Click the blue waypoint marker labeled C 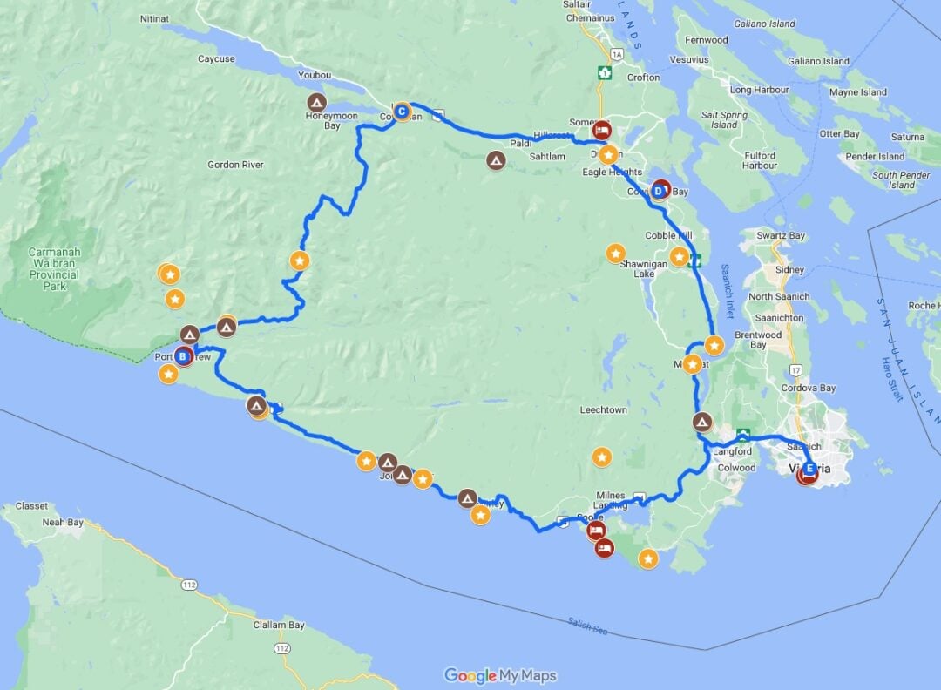pyautogui.click(x=402, y=111)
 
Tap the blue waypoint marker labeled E pyautogui.click(x=810, y=467)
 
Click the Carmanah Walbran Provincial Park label pyautogui.click(x=54, y=268)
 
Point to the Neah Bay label pyautogui.click(x=64, y=523)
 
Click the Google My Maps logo pyautogui.click(x=500, y=675)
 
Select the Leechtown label pyautogui.click(x=603, y=409)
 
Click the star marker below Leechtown pyautogui.click(x=601, y=457)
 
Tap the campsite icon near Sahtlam pyautogui.click(x=496, y=159)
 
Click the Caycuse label pyautogui.click(x=216, y=59)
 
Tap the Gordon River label pyautogui.click(x=235, y=165)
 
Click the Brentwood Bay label pyautogui.click(x=758, y=340)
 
